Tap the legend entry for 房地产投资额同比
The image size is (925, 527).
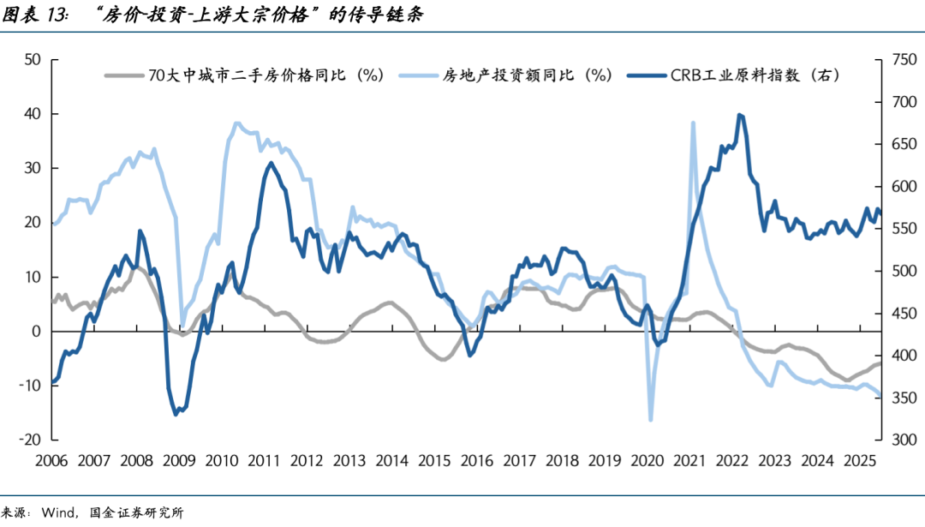click(527, 75)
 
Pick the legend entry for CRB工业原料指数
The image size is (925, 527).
click(753, 75)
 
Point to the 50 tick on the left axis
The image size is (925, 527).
click(33, 59)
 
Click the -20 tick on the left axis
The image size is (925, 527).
click(30, 440)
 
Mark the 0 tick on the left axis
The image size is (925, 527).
click(37, 332)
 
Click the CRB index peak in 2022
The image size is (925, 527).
click(740, 115)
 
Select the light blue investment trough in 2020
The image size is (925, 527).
click(651, 419)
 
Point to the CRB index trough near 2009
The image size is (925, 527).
click(176, 414)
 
